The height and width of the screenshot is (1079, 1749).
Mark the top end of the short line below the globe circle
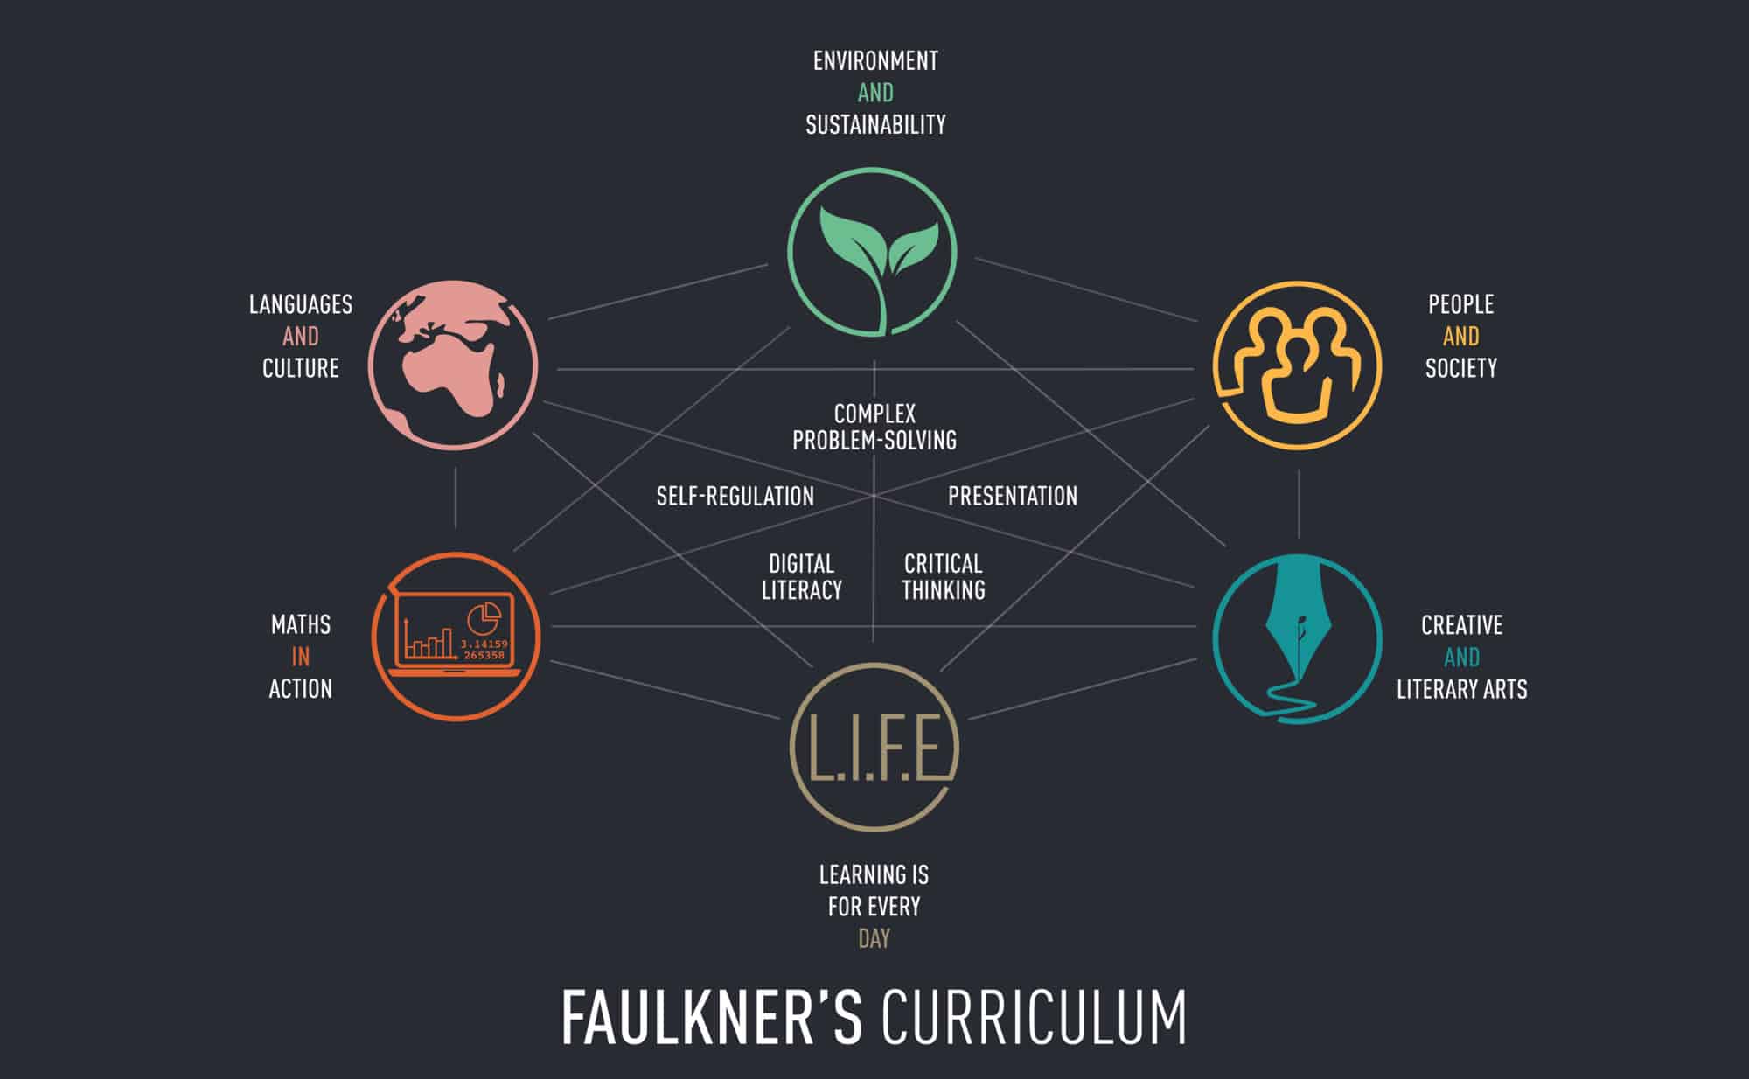[x=455, y=467]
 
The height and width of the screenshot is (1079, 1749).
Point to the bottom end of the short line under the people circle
[x=1299, y=538]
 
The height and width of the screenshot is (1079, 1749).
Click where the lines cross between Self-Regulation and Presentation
[x=874, y=496]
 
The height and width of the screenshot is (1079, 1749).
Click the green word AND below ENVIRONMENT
[x=875, y=93]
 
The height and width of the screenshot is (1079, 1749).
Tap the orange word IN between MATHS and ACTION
[x=301, y=657]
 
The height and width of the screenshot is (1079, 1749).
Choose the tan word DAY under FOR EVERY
[x=874, y=938]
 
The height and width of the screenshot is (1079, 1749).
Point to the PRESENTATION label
[x=1013, y=496]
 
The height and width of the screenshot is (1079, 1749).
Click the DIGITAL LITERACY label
[x=801, y=576]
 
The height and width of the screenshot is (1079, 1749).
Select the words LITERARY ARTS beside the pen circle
[x=1461, y=689]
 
